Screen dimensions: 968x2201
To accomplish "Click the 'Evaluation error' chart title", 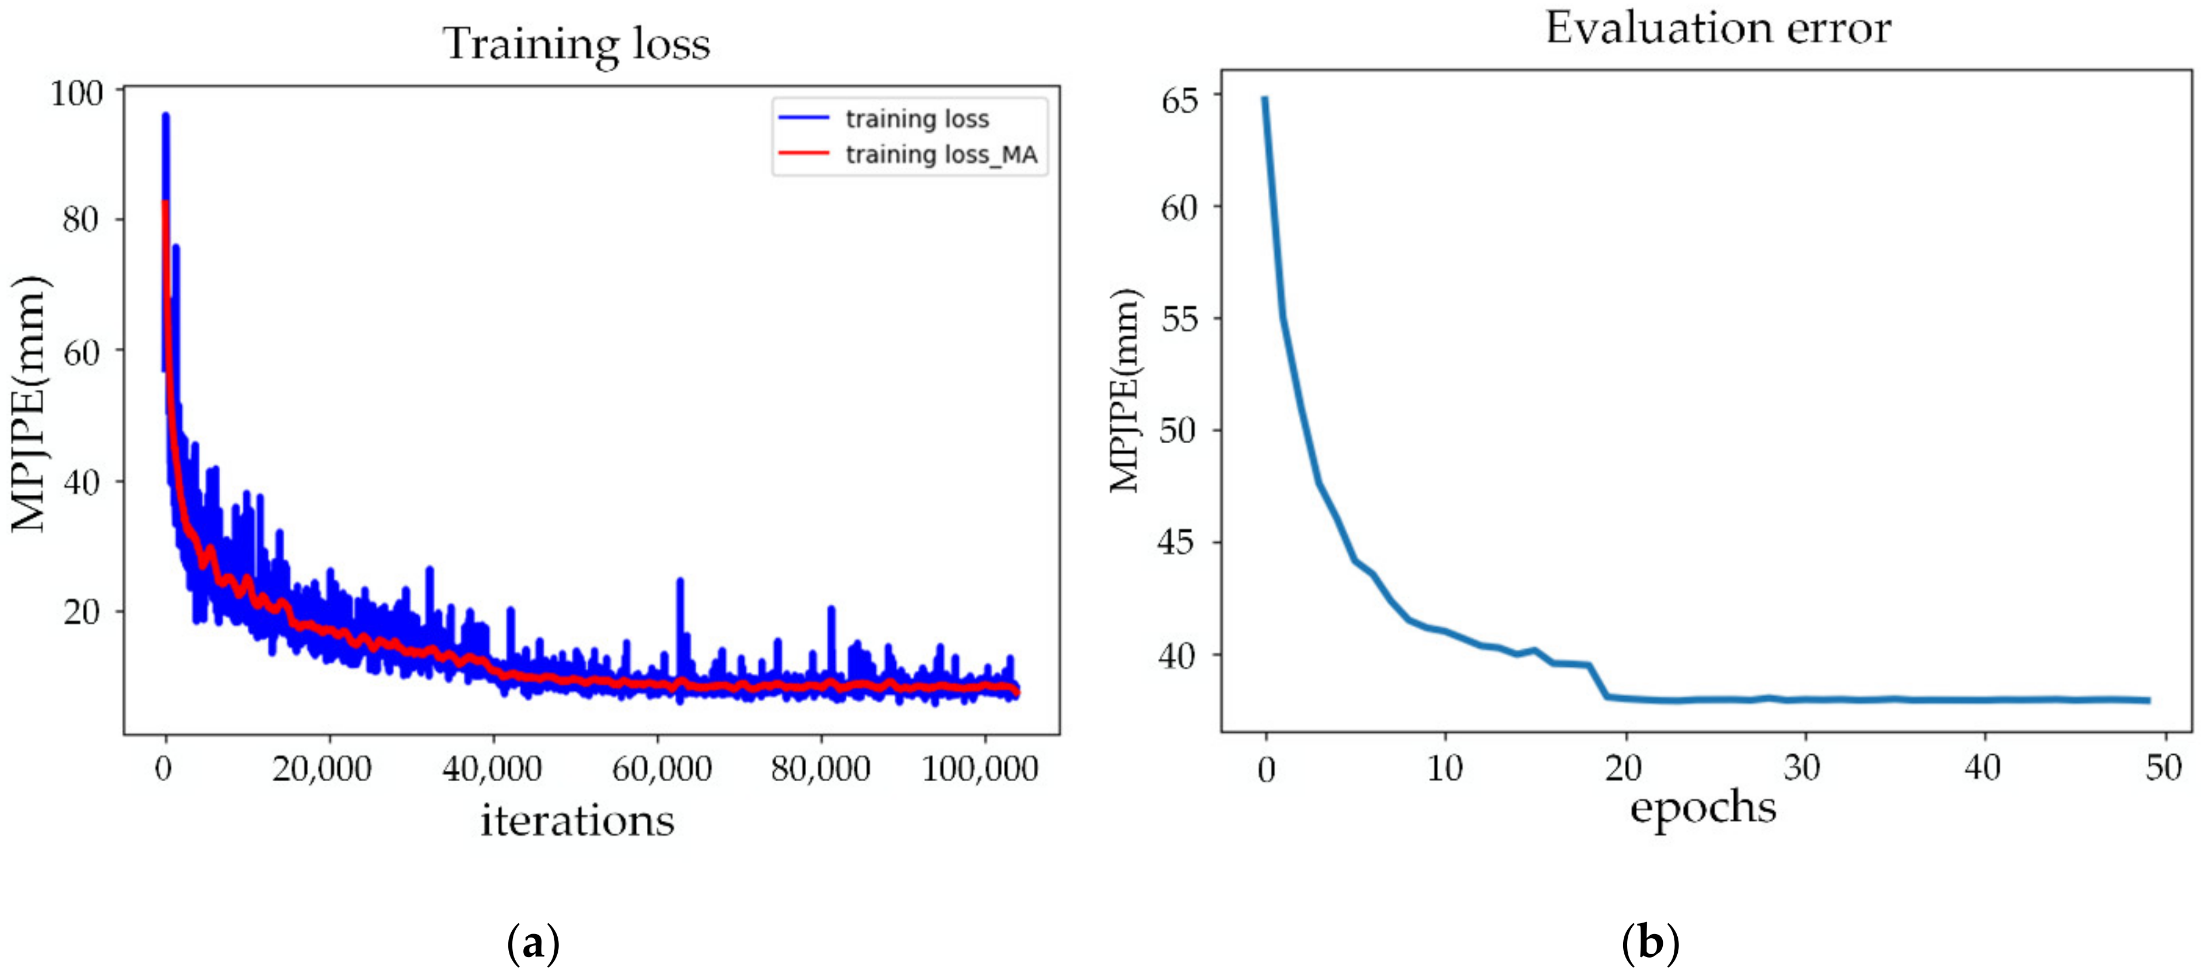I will [x=1717, y=28].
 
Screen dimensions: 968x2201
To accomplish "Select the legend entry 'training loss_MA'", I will [x=941, y=155].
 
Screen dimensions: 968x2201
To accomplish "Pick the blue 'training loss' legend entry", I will [x=917, y=119].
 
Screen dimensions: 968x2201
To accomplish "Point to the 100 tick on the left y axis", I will [x=77, y=93].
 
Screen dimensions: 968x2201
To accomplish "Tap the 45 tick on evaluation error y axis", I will [x=1178, y=541].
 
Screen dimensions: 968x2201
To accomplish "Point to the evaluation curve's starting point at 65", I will [x=1264, y=99].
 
